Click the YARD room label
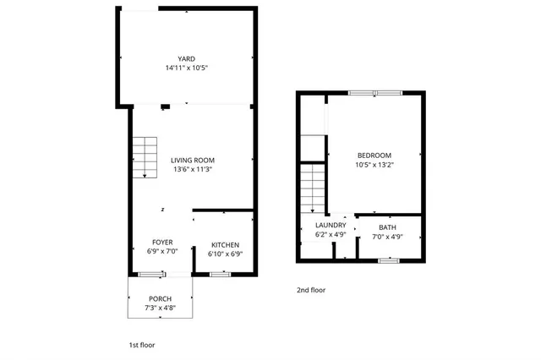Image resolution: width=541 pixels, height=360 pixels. tap(186, 58)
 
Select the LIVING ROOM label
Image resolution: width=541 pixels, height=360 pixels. tap(192, 160)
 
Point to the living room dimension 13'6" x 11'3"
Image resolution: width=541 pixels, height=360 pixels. tap(192, 169)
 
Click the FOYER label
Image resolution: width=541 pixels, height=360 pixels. tap(162, 243)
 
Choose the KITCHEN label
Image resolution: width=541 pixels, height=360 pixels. tap(226, 245)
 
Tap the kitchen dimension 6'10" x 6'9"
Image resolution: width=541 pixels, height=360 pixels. tap(226, 254)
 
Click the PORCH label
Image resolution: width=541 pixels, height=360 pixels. tap(160, 299)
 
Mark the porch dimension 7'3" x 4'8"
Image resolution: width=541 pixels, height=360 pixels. tap(160, 308)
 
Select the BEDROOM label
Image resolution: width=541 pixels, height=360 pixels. tap(374, 155)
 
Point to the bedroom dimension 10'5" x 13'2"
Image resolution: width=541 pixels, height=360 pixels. tap(374, 164)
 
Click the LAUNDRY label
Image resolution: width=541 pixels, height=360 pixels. tap(331, 225)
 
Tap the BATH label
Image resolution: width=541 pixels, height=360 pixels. tap(387, 227)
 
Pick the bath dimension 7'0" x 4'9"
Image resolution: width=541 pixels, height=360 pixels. tap(387, 237)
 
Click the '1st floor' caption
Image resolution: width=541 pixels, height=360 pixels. tap(141, 345)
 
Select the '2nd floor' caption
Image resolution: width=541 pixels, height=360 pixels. tap(310, 290)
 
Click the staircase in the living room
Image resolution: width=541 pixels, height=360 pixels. tap(145, 157)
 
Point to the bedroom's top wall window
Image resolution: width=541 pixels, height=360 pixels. tap(375, 92)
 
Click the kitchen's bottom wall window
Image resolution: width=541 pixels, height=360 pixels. tap(221, 274)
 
